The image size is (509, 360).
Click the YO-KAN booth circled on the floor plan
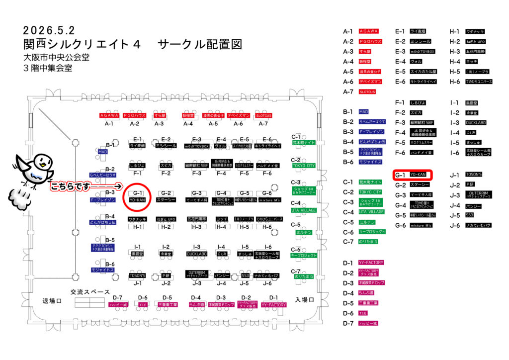(137, 200)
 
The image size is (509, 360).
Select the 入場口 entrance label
(305, 300)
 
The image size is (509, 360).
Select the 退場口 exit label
(52, 301)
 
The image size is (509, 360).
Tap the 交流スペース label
(88, 292)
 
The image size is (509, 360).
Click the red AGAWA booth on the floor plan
(109, 115)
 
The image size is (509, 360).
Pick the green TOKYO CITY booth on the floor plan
(304, 166)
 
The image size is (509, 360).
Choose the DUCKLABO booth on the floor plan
(197, 254)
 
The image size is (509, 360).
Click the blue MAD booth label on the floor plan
(102, 152)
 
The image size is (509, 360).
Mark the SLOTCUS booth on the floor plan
(263, 115)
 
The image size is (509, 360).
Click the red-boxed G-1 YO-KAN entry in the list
(413, 175)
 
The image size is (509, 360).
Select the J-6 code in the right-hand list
(454, 225)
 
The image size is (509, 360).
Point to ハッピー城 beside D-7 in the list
(368, 323)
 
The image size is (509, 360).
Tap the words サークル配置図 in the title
(200, 44)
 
